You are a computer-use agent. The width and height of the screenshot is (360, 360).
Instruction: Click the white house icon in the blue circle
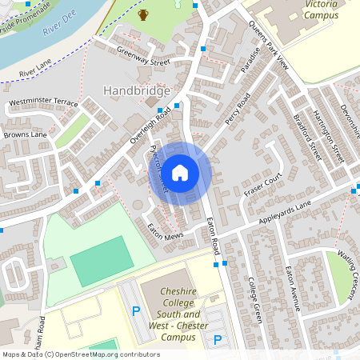[x=180, y=172]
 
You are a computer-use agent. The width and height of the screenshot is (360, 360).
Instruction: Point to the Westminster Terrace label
[x=44, y=103]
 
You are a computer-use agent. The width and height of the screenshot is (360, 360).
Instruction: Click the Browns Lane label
[x=26, y=135]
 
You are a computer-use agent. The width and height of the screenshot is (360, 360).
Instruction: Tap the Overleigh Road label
[x=150, y=127]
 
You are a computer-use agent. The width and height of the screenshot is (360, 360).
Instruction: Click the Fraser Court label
[x=264, y=186]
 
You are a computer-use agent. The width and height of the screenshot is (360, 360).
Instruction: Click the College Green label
[x=255, y=301]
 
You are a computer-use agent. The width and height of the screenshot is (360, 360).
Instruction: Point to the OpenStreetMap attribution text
[x=81, y=354]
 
